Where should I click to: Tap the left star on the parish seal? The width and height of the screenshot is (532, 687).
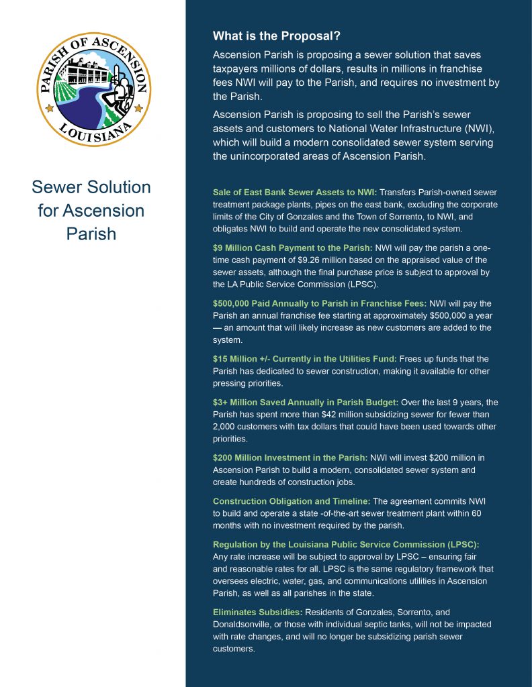click(47, 107)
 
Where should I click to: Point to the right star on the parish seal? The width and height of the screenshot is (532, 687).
click(139, 107)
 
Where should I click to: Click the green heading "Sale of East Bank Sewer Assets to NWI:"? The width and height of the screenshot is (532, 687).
click(295, 193)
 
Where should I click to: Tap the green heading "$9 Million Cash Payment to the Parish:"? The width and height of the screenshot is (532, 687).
click(292, 248)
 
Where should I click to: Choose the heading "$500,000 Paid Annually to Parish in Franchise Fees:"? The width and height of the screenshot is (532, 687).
click(319, 303)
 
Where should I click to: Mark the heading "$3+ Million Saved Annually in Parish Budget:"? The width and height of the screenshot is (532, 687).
click(306, 403)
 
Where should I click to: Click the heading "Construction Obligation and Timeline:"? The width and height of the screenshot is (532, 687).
click(292, 501)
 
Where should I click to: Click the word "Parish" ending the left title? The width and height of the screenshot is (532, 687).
click(91, 234)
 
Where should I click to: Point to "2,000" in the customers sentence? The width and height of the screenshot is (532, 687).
click(226, 427)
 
